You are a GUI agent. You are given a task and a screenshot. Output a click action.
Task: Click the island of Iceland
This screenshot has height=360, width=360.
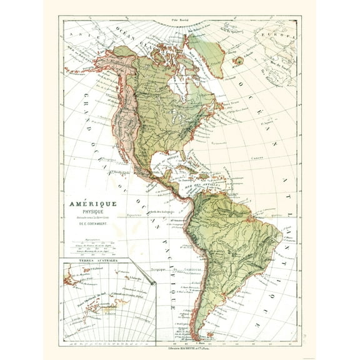tap(238, 62)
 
